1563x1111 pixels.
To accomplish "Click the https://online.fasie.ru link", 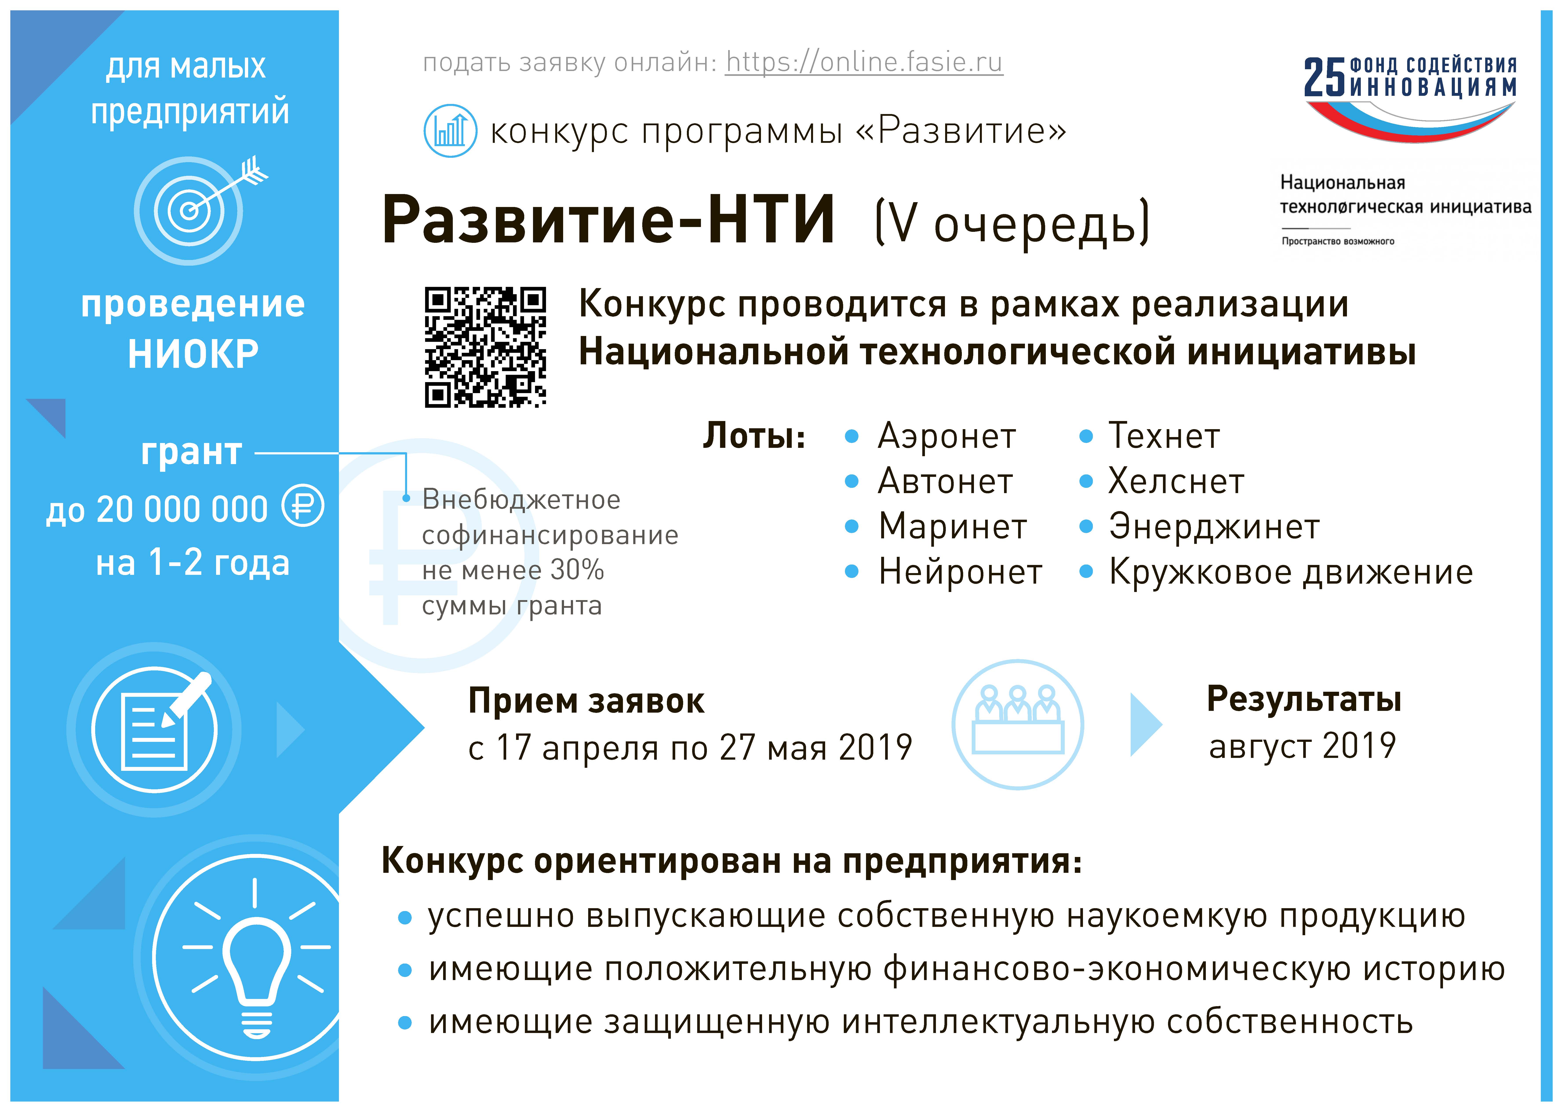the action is (x=864, y=62).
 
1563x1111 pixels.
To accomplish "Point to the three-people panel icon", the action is (x=1018, y=724).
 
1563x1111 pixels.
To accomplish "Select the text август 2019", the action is (x=1302, y=746).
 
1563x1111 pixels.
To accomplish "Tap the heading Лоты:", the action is (x=754, y=436).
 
